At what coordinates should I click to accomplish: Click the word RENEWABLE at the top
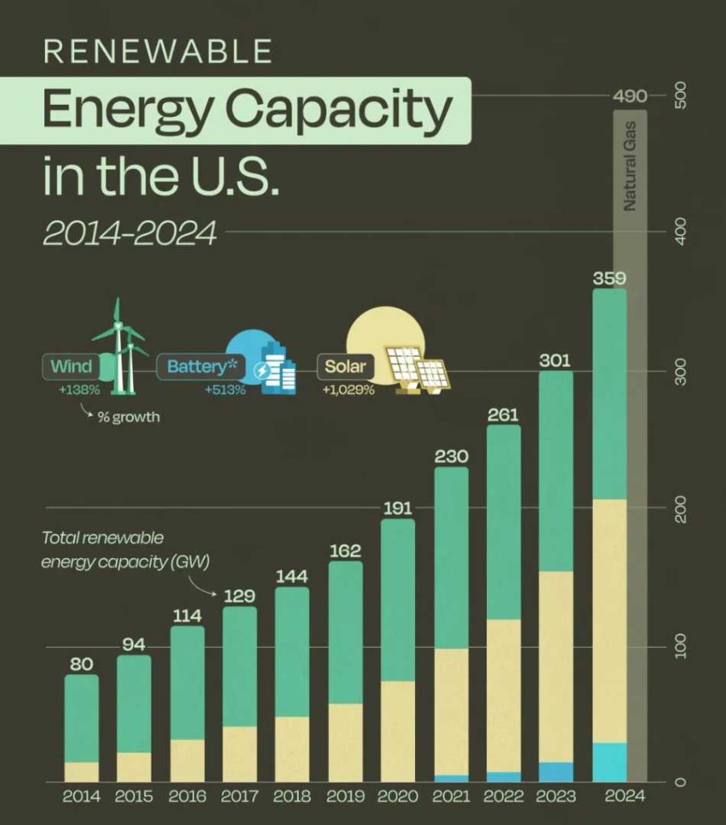pos(157,52)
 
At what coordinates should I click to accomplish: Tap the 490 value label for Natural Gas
pos(630,97)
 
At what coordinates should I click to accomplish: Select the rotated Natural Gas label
pos(630,165)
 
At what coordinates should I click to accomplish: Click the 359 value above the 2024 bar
pos(609,279)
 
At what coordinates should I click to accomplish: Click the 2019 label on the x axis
pos(345,796)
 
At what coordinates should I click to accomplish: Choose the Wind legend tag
pos(71,367)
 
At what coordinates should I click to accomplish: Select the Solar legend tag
pos(345,367)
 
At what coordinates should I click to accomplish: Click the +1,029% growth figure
pos(348,390)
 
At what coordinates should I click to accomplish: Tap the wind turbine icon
pos(121,346)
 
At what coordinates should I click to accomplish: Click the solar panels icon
pos(417,367)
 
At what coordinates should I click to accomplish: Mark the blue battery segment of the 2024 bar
pos(609,762)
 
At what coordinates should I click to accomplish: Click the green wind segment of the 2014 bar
pos(81,717)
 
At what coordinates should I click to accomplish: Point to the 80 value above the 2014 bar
pos(81,665)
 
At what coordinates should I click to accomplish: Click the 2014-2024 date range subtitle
pos(130,233)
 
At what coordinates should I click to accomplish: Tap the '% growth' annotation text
pos(130,418)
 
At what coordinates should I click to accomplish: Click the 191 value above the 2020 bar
pos(397,508)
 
